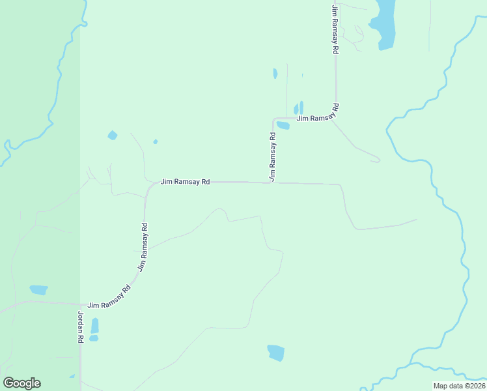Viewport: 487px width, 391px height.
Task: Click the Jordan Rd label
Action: (81, 326)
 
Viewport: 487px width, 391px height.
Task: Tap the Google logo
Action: (21, 383)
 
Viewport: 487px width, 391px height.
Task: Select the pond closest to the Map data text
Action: (275, 353)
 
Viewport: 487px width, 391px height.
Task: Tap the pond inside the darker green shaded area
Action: (38, 289)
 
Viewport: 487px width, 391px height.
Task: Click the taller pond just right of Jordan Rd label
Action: (94, 325)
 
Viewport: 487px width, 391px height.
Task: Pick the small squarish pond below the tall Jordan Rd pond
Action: (93, 338)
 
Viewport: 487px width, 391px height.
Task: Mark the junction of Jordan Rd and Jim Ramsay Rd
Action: (80, 304)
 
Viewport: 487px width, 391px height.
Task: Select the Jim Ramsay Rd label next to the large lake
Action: (335, 29)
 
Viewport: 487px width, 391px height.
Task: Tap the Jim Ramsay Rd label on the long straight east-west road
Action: (185, 182)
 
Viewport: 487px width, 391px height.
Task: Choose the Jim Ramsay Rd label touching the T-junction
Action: (272, 157)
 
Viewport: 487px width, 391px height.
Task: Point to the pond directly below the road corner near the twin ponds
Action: (283, 125)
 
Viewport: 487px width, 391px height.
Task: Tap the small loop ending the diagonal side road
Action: (376, 159)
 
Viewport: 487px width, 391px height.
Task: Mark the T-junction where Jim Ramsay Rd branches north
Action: (272, 182)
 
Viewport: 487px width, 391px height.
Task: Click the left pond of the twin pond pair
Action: (296, 109)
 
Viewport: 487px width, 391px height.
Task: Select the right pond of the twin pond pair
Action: (301, 107)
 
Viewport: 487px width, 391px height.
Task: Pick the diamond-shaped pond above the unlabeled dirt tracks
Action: (112, 136)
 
